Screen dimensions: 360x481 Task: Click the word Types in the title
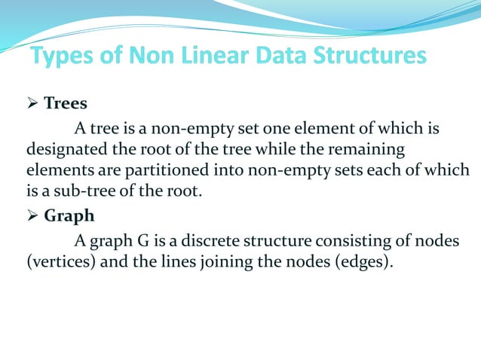(63, 56)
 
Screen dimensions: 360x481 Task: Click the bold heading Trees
(66, 103)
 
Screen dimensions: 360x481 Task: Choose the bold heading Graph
(69, 217)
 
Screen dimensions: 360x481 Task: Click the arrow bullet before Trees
(32, 103)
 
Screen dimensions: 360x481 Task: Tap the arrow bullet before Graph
(32, 217)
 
